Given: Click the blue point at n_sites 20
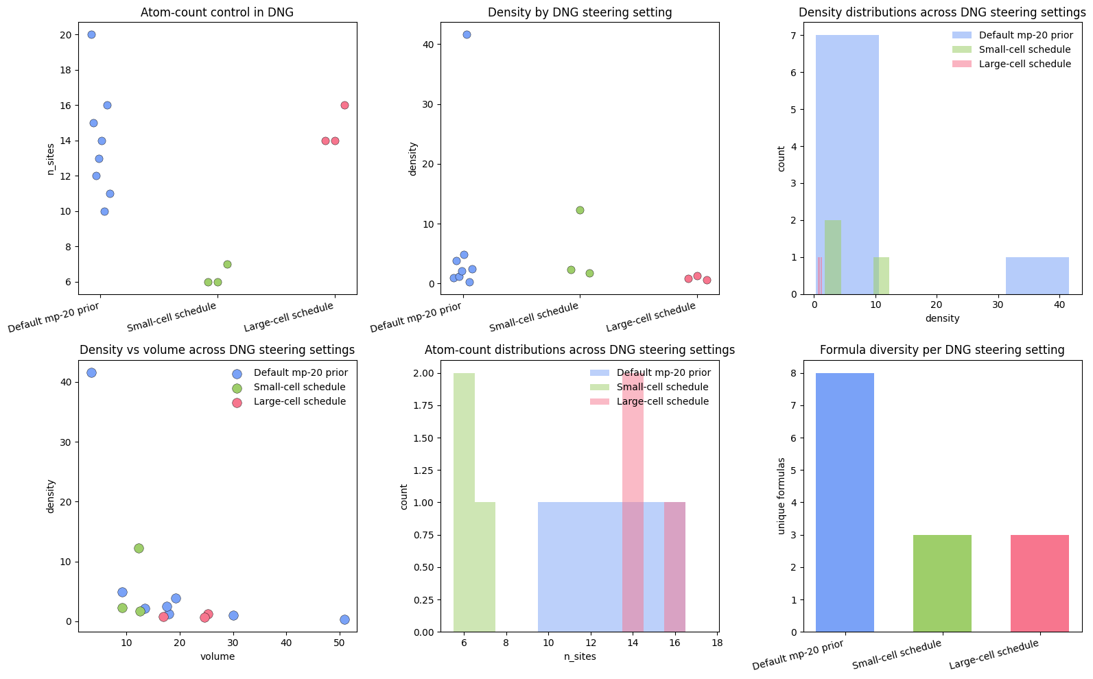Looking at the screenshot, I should click(91, 34).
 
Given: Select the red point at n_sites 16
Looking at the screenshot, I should click(344, 105).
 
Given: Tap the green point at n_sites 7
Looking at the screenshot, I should click(227, 264).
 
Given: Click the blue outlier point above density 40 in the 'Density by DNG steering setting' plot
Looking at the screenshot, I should click(467, 34).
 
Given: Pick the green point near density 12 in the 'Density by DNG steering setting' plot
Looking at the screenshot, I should click(580, 210).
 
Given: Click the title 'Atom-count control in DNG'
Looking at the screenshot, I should click(217, 12).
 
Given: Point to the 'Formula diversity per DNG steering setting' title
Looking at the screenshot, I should click(942, 350).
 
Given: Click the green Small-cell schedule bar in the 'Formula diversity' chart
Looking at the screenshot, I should click(942, 583).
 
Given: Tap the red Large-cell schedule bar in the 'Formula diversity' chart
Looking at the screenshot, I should click(1039, 583).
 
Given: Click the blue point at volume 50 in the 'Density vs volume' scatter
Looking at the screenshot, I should click(344, 619).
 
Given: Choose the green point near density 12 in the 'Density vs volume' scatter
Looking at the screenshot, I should click(139, 548).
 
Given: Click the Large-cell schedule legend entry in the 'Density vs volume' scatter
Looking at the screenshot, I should click(299, 401).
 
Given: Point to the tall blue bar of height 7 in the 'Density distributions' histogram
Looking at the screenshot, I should click(847, 165).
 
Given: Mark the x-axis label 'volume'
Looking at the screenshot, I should click(218, 656).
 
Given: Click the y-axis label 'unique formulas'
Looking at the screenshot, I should click(781, 495).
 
